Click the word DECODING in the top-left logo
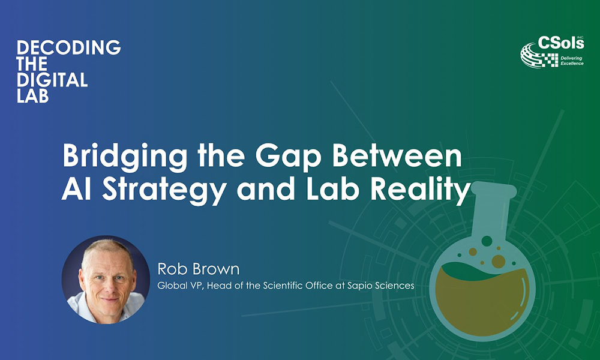pyautogui.click(x=69, y=47)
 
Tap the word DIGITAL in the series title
pyautogui.click(x=52, y=80)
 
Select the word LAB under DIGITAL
pyautogui.click(x=32, y=95)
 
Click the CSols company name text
pyautogui.click(x=560, y=43)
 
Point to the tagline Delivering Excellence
pyautogui.click(x=572, y=61)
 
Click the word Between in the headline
pyautogui.click(x=397, y=155)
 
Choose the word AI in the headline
pyautogui.click(x=77, y=189)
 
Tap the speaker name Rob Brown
pyautogui.click(x=198, y=269)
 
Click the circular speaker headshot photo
pyautogui.click(x=106, y=279)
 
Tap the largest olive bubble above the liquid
pyautogui.click(x=498, y=261)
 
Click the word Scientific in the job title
pyautogui.click(x=295, y=286)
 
